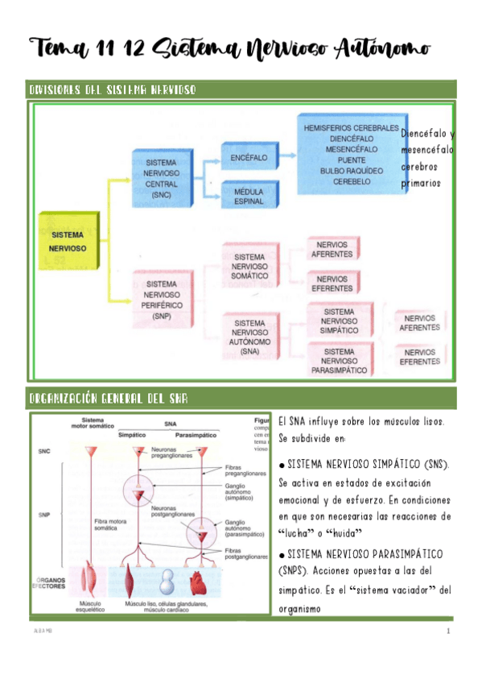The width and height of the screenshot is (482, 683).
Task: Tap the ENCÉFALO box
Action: click(x=248, y=158)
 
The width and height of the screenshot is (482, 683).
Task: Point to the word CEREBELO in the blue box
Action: click(x=352, y=182)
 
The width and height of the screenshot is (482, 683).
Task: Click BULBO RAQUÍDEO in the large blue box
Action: click(x=352, y=171)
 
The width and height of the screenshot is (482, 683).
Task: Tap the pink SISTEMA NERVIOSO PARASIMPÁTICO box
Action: click(x=339, y=361)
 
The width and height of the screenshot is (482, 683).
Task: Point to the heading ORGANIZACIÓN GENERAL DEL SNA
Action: click(x=109, y=399)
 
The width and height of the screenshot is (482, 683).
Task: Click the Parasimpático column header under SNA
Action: click(x=197, y=434)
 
